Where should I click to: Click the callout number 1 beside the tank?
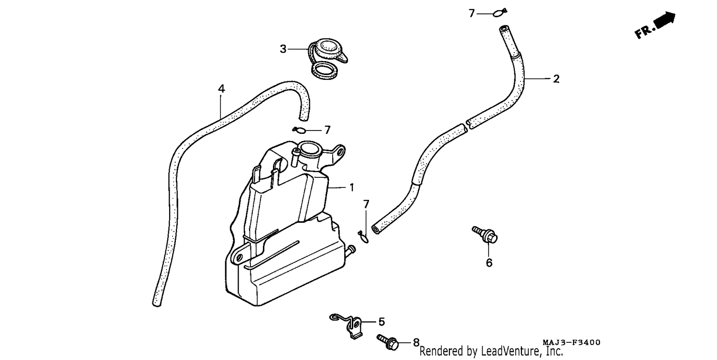tap(352, 188)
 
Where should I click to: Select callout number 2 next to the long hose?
tap(556, 79)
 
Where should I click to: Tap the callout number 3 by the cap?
tap(283, 49)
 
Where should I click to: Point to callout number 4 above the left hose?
tap(221, 89)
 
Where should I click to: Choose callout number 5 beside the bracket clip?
tap(381, 322)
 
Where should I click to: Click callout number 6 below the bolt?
tap(489, 263)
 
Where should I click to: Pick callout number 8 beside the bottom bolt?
tap(416, 343)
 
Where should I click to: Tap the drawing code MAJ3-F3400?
tap(571, 342)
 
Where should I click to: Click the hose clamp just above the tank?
tap(300, 130)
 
